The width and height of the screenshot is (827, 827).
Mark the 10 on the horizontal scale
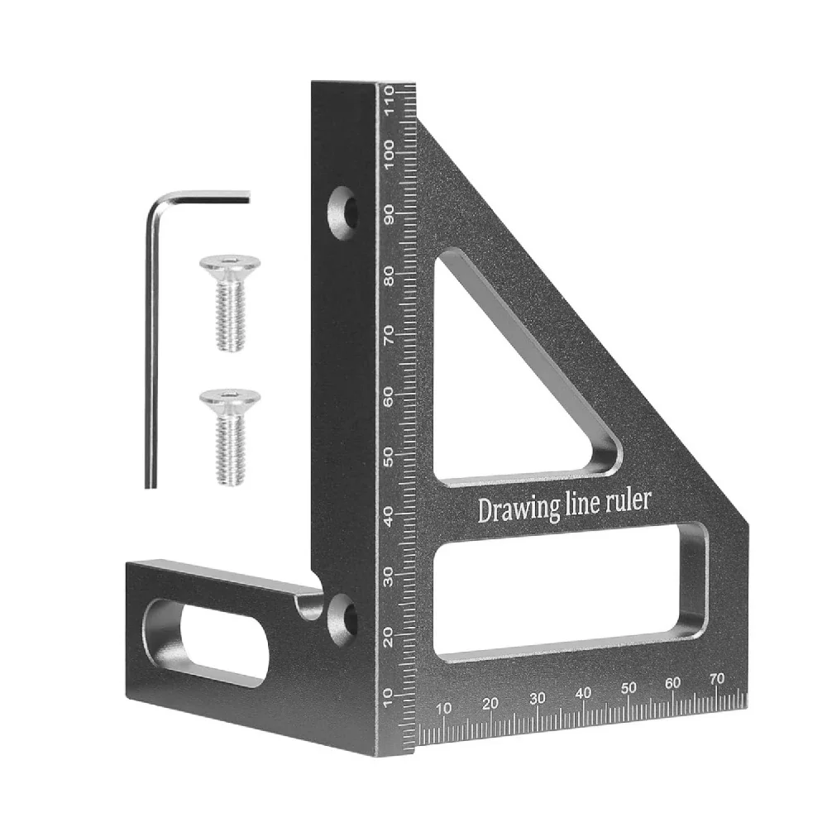click(x=444, y=708)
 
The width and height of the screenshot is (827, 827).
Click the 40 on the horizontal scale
click(x=584, y=693)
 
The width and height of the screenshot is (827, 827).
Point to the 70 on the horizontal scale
click(x=717, y=678)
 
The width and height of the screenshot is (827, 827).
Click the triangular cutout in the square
click(x=504, y=389)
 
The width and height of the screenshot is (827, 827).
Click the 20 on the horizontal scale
click(x=490, y=704)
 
